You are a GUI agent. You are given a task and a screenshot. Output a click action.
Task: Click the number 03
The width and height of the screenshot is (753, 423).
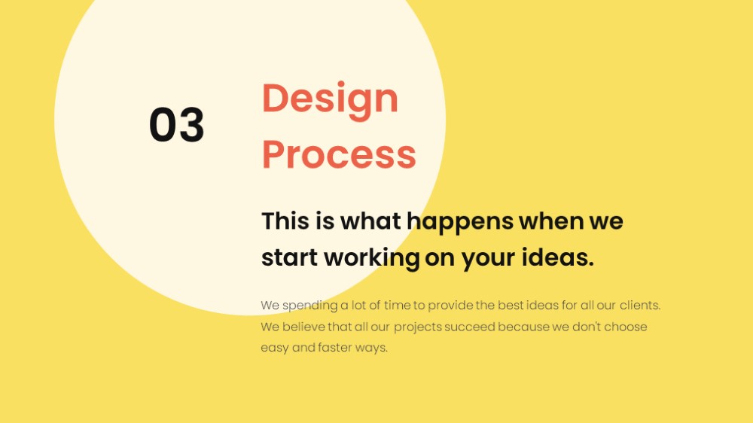(x=177, y=125)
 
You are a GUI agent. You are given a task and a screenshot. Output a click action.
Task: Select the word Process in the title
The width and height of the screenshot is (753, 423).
(x=339, y=154)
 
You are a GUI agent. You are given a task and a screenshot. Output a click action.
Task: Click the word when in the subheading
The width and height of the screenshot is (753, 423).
(x=551, y=221)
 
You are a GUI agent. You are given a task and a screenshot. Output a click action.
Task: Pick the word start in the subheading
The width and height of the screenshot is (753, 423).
(x=290, y=258)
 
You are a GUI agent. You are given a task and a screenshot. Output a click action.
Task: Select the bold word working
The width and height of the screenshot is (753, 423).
(x=372, y=259)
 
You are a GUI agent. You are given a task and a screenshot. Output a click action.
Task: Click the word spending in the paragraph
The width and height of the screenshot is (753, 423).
(x=310, y=306)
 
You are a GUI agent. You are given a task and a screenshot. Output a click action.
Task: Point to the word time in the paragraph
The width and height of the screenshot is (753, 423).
(x=397, y=306)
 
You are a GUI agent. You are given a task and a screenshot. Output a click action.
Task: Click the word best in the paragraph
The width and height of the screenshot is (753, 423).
(x=511, y=306)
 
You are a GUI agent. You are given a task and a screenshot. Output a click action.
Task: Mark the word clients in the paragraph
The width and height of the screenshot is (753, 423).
(x=639, y=306)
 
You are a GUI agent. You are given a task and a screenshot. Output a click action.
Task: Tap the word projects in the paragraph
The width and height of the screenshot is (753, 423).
(x=418, y=327)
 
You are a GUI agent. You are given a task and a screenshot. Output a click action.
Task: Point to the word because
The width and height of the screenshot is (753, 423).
(x=523, y=327)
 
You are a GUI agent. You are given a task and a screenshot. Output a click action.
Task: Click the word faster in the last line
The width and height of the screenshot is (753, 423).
(x=335, y=348)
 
